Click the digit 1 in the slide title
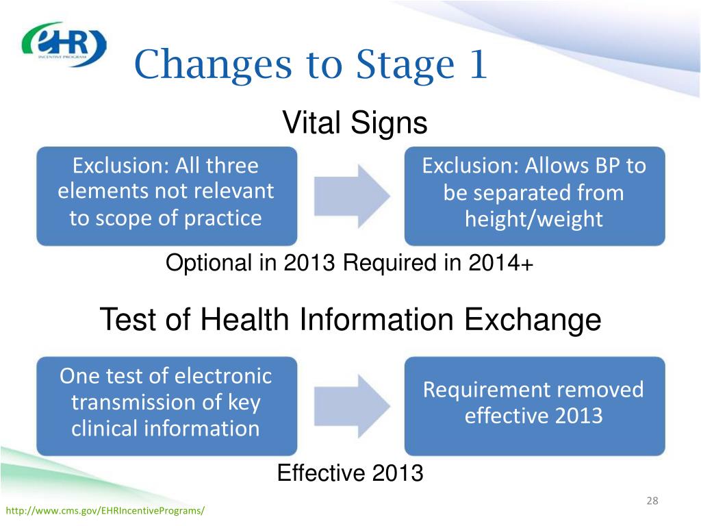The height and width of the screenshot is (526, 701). click(476, 65)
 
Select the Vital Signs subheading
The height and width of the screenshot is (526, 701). click(355, 123)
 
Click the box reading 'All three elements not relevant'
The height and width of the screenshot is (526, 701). click(166, 196)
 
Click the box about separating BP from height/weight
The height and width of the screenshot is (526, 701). click(534, 196)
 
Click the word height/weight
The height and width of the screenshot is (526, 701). click(534, 219)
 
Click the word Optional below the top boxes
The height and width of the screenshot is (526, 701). click(208, 264)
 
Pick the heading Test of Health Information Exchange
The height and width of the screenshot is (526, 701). click(350, 320)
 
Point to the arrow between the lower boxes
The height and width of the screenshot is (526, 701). click(351, 405)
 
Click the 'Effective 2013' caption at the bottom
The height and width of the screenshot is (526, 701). click(350, 473)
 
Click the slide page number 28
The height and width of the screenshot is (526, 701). click(652, 501)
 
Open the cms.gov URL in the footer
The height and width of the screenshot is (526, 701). click(105, 512)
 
